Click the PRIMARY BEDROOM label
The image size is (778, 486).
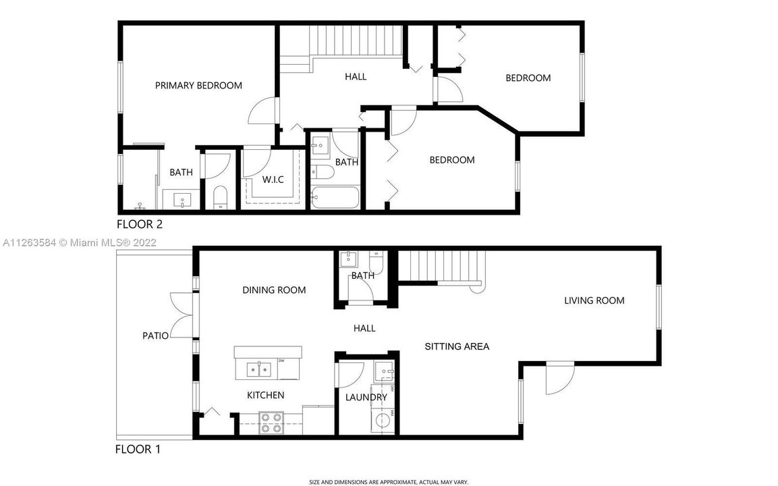198,86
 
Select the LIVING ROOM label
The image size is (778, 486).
594,300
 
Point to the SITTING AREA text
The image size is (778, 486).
457,346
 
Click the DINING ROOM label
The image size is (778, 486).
274,290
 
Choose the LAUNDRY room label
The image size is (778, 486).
366,398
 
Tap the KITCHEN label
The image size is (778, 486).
265,395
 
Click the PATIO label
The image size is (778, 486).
155,335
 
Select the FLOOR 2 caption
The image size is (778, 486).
140,224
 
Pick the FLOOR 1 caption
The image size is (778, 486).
138,449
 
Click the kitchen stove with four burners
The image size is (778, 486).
271,423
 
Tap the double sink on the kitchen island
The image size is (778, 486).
259,369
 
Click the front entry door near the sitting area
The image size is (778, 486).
560,378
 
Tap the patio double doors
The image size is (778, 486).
182,315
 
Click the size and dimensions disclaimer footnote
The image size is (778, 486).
389,482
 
